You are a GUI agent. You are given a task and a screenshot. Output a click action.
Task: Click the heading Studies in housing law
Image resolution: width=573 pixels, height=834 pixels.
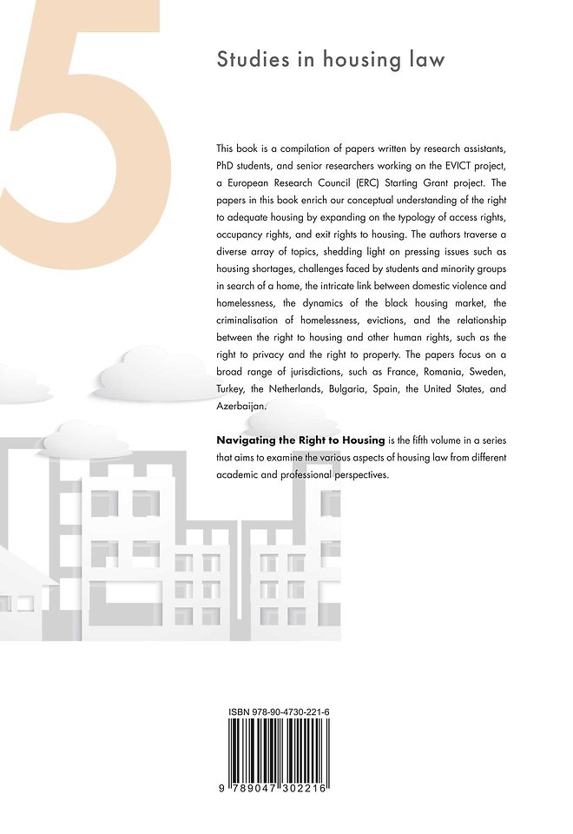tap(330, 60)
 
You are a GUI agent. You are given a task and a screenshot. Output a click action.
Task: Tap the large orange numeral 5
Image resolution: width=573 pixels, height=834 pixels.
tap(82, 113)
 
